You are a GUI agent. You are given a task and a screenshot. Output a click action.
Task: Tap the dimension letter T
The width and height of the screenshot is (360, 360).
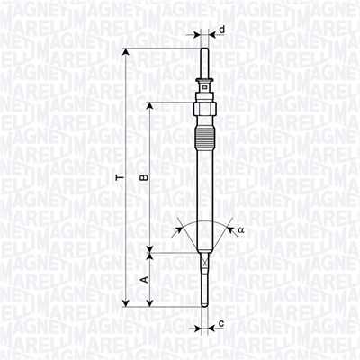[x=118, y=179]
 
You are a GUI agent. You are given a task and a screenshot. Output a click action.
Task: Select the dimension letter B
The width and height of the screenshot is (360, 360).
[x=143, y=179]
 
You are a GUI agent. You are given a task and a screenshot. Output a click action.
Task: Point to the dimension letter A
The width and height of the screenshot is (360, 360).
[x=144, y=280]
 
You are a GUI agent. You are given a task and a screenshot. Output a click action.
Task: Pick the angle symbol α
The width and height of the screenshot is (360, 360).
[x=241, y=230]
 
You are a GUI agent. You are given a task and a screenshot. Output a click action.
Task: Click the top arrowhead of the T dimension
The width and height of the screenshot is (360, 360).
[x=127, y=46]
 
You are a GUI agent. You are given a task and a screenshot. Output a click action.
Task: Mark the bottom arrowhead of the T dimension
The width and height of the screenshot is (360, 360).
[x=127, y=303]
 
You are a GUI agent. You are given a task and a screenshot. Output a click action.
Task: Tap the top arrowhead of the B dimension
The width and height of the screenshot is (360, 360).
[x=152, y=105]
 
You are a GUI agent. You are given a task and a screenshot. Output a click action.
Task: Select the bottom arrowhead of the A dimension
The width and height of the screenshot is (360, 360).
[x=152, y=303]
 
